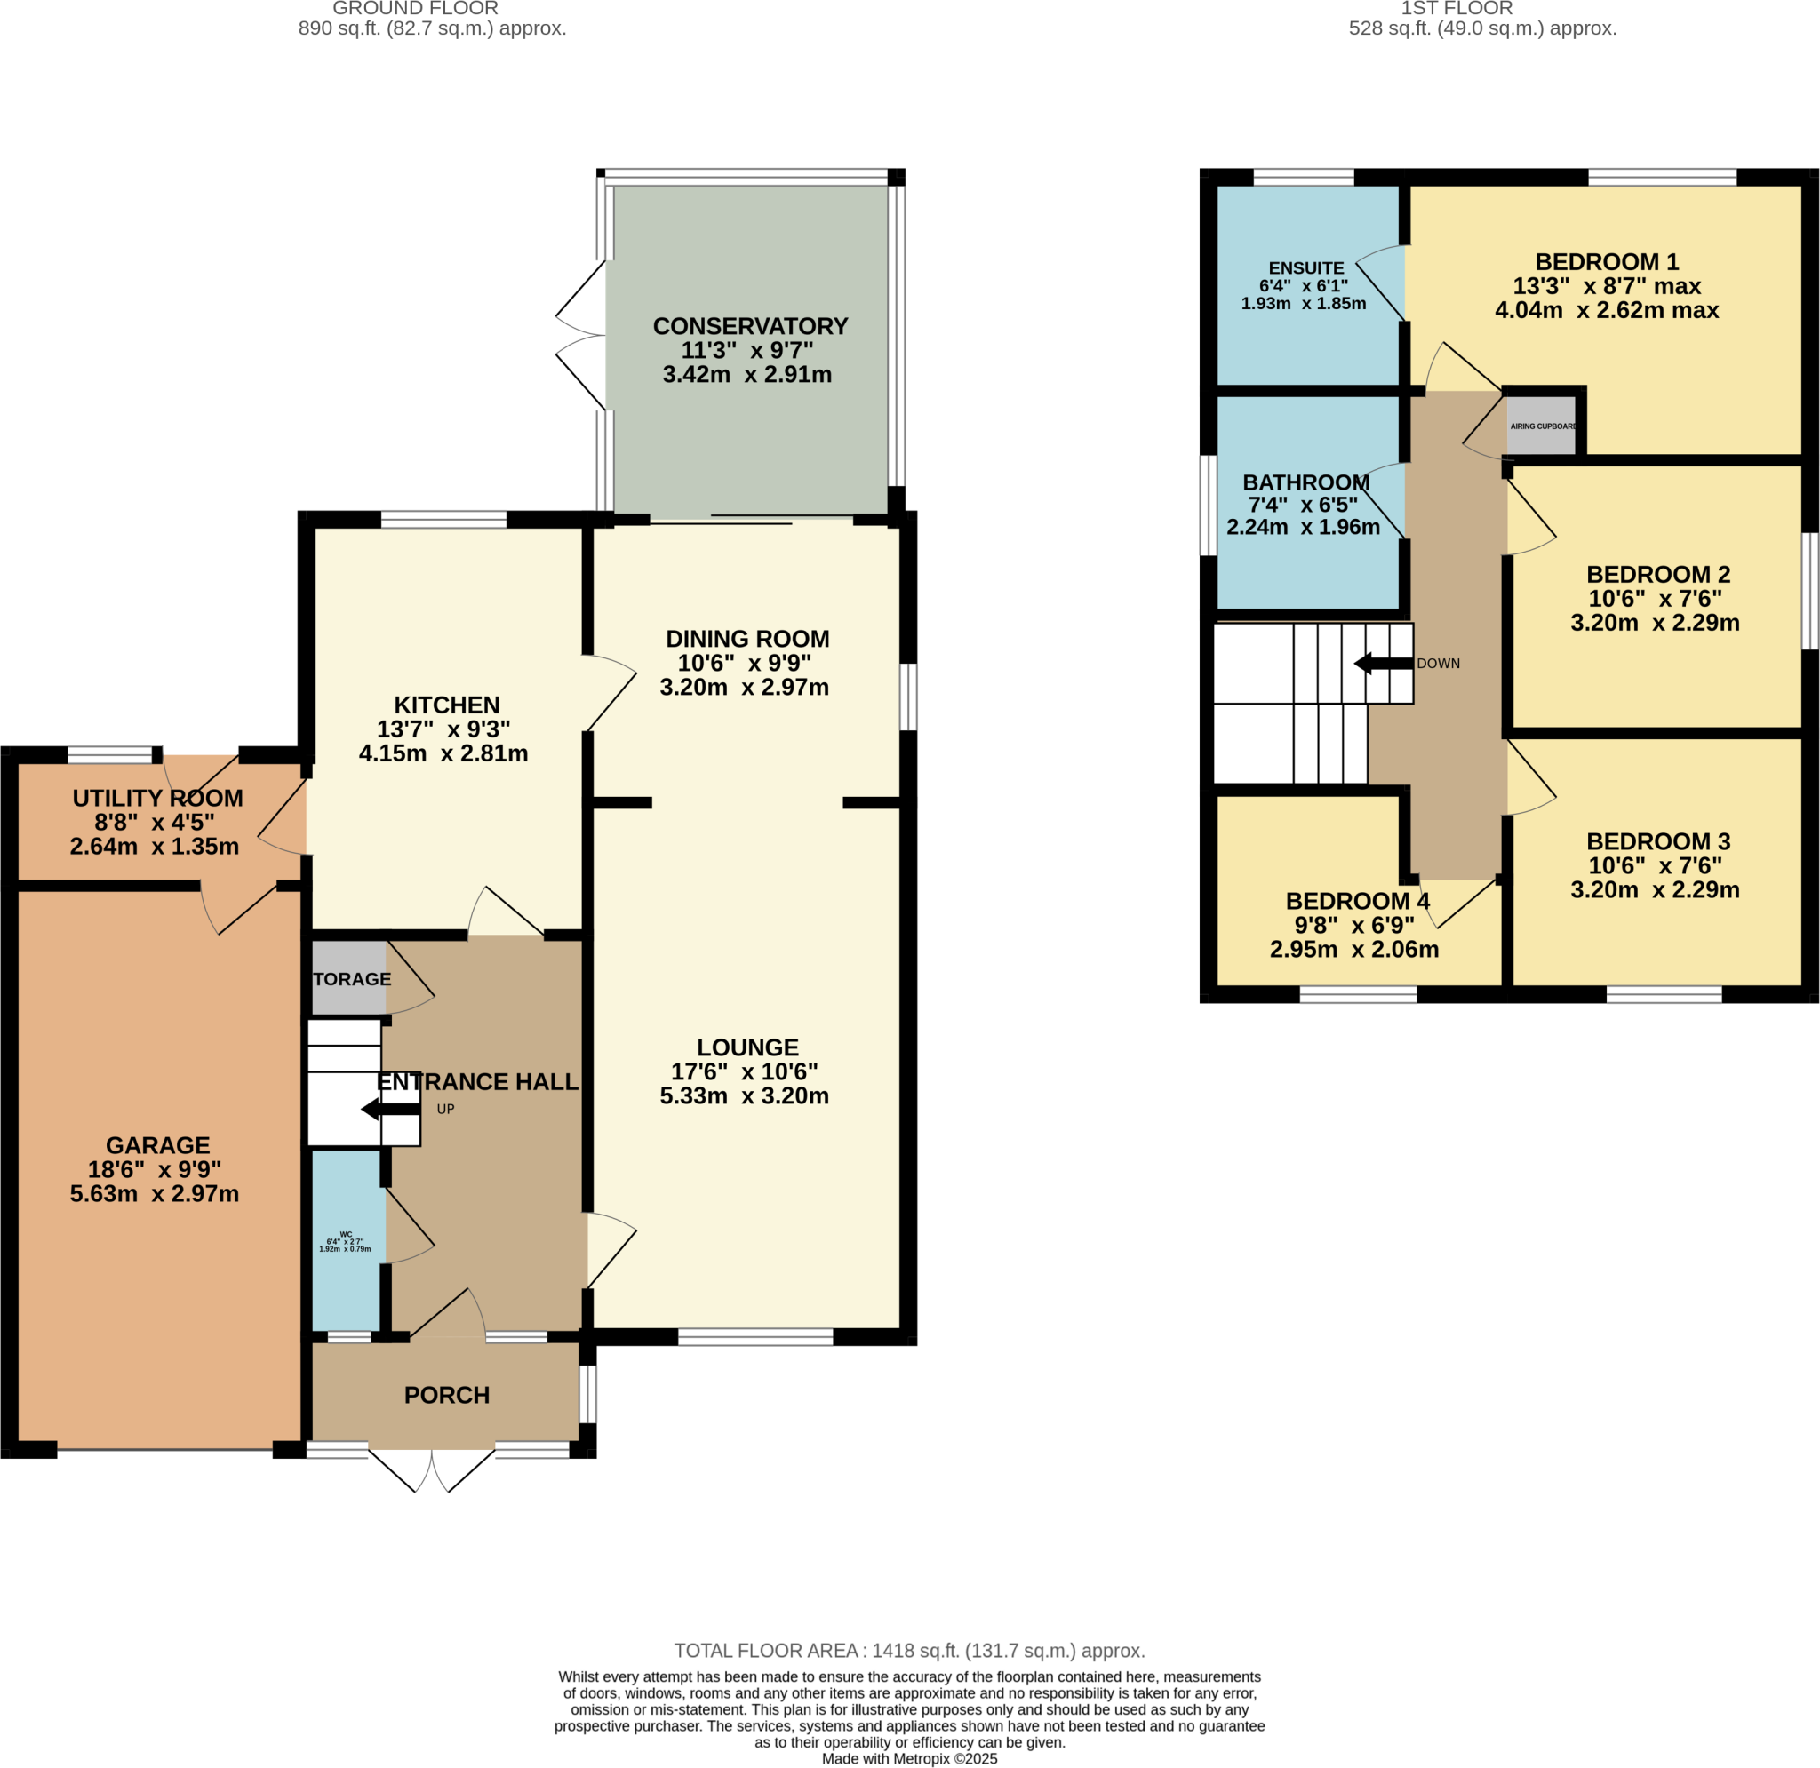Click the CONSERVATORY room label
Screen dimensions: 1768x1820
click(x=749, y=326)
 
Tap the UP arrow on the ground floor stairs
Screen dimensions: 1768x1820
click(x=390, y=1109)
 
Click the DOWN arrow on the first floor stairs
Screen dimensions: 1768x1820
click(x=1383, y=663)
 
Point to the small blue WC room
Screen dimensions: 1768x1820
click(x=347, y=1240)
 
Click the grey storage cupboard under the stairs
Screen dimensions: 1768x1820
click(x=349, y=979)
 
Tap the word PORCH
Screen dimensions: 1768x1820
click(x=447, y=1395)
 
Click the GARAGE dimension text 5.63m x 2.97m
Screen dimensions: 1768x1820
click(x=154, y=1193)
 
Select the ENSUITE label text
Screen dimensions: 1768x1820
click(x=1305, y=267)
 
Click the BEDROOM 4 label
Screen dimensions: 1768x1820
click(x=1357, y=901)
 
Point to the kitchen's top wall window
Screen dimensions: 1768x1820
click(x=443, y=519)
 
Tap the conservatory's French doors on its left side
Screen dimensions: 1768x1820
click(x=581, y=336)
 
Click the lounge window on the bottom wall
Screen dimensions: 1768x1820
click(x=755, y=1337)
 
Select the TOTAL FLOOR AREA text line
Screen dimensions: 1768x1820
click(x=909, y=1651)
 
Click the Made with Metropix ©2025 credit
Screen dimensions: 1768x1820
click(x=909, y=1759)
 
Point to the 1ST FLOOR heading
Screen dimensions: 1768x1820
click(x=1456, y=8)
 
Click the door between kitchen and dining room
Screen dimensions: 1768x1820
click(x=609, y=694)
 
